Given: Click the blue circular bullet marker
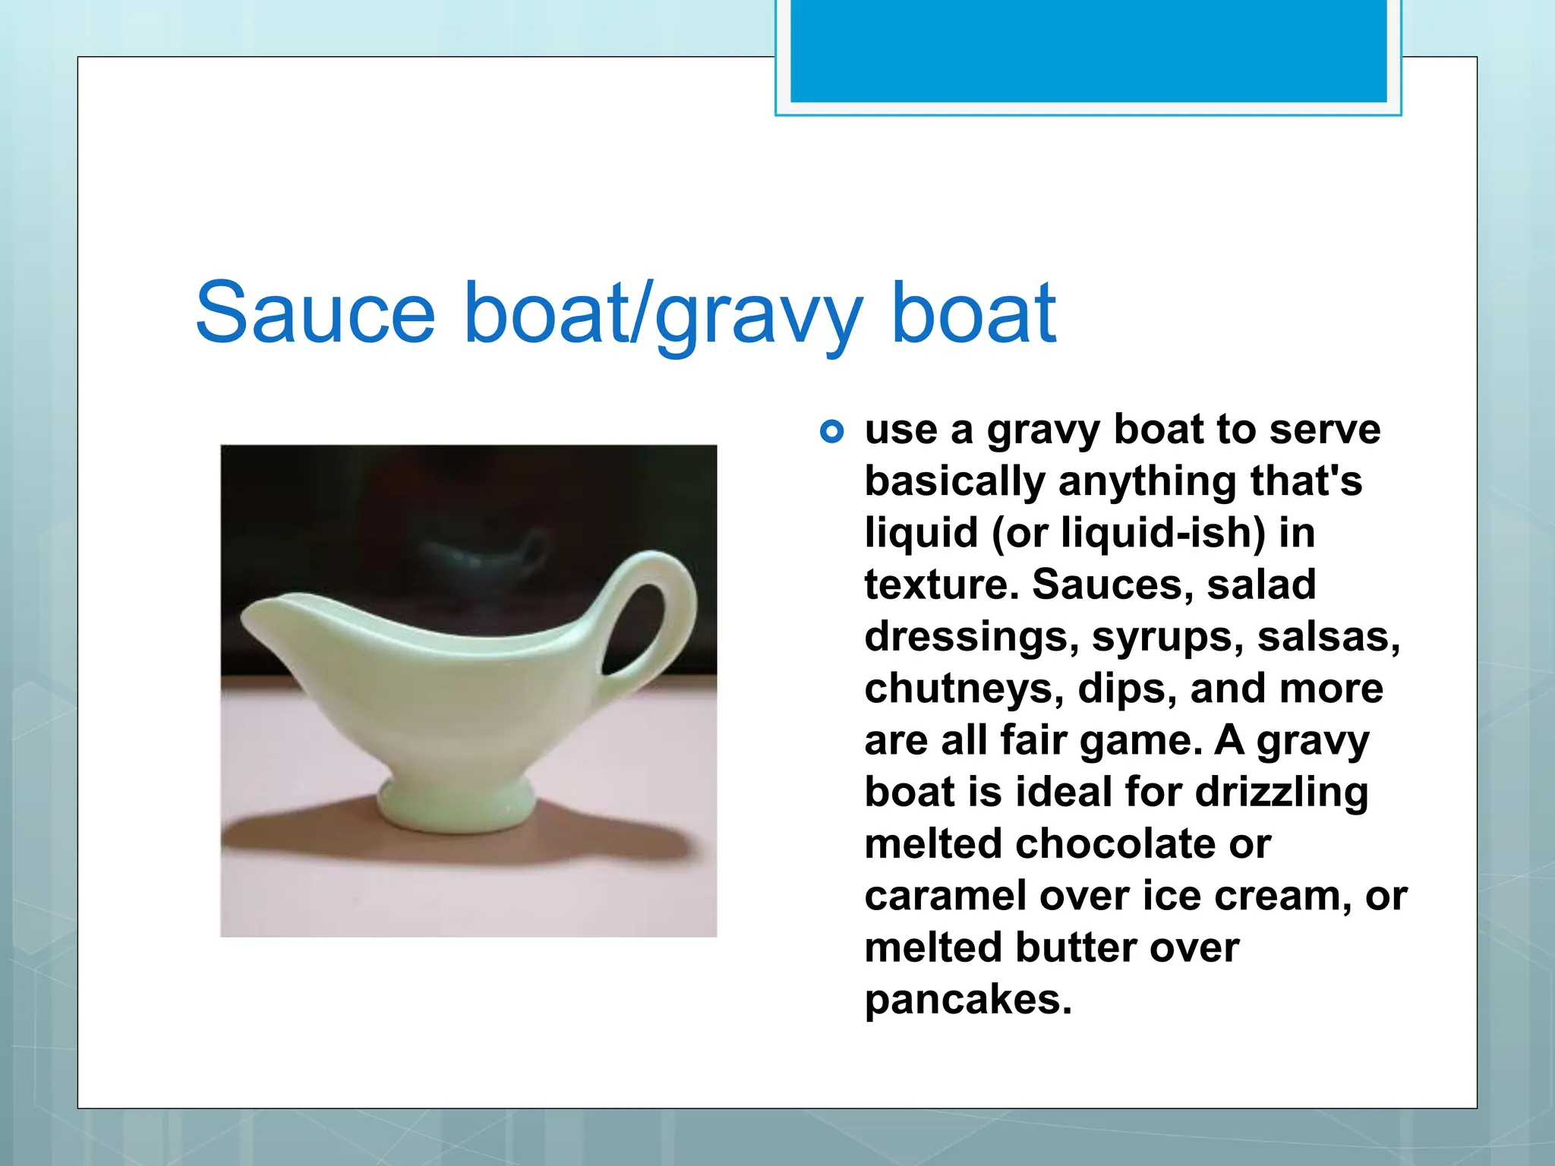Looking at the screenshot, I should [x=832, y=432].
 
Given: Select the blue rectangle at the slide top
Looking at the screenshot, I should [x=1088, y=51].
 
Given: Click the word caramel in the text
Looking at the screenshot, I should [x=945, y=897].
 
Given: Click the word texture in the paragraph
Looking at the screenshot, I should [x=942, y=585].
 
